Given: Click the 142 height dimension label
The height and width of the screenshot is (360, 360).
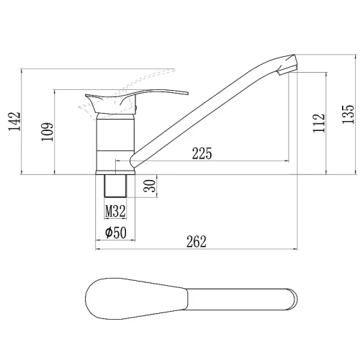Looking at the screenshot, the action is (14, 122).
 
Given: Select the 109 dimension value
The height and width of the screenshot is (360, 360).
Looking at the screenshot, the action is (48, 132).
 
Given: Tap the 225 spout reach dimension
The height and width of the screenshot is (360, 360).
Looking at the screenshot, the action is (202, 153).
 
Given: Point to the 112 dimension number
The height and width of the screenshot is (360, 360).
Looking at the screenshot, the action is (319, 123).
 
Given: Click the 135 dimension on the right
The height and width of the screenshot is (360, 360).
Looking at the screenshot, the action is (348, 114).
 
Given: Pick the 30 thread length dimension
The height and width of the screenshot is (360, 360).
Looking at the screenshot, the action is (150, 186).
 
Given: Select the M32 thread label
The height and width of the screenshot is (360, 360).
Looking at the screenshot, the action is (115, 211).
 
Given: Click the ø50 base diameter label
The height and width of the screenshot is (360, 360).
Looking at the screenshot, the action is (116, 233).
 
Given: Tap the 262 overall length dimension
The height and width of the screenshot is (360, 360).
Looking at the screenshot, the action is (197, 242).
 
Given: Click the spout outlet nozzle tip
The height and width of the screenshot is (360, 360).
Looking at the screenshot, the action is (287, 71).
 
